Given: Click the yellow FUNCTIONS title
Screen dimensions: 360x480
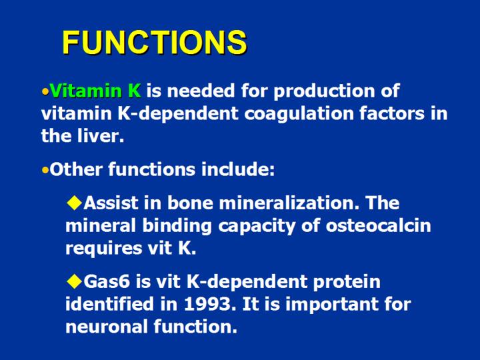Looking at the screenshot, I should [x=154, y=43].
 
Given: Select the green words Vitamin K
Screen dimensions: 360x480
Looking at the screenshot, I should [x=95, y=91].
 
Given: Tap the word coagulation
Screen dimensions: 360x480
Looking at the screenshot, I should [x=293, y=113].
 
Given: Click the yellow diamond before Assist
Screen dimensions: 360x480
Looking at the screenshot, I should [x=74, y=202].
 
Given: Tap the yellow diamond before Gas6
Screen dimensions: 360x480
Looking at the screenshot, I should [x=74, y=281].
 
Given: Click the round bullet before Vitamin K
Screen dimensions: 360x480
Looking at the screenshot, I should [x=45, y=91].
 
